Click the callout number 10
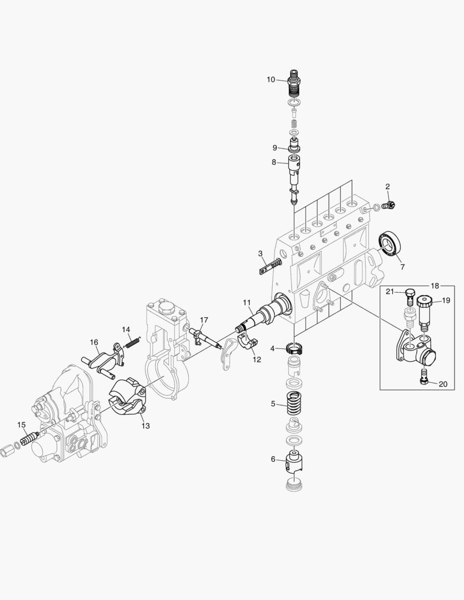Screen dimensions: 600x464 pyautogui.click(x=271, y=79)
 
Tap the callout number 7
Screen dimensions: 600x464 pyautogui.click(x=402, y=267)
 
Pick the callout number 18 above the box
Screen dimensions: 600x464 pyautogui.click(x=435, y=286)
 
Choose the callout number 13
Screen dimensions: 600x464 pyautogui.click(x=145, y=426)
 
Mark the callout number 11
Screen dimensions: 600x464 pyautogui.click(x=247, y=302)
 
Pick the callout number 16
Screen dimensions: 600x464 pyautogui.click(x=94, y=343)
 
